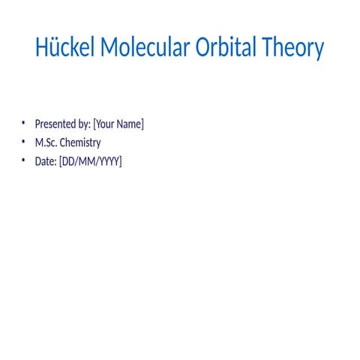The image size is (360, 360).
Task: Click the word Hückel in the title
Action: pos(65,48)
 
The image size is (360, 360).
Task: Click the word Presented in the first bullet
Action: pos(55,124)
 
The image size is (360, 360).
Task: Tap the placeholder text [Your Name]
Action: pos(118,124)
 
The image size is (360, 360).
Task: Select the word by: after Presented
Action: pos(83,124)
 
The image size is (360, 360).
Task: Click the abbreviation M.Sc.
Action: pos(46,142)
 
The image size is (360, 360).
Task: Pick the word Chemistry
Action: pos(80,142)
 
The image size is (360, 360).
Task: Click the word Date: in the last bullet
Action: pos(46,160)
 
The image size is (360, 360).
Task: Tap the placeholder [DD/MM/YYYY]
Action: pos(90,160)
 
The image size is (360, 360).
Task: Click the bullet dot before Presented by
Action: pos(23,123)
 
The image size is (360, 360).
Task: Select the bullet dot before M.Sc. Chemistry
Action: pos(23,142)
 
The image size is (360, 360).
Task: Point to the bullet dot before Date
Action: pos(23,160)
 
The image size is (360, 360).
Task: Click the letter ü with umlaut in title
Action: pos(53,48)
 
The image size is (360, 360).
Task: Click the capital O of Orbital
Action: pos(204,48)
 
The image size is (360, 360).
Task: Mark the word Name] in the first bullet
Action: pos(130,124)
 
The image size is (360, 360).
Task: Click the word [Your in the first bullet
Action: pos(104,124)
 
